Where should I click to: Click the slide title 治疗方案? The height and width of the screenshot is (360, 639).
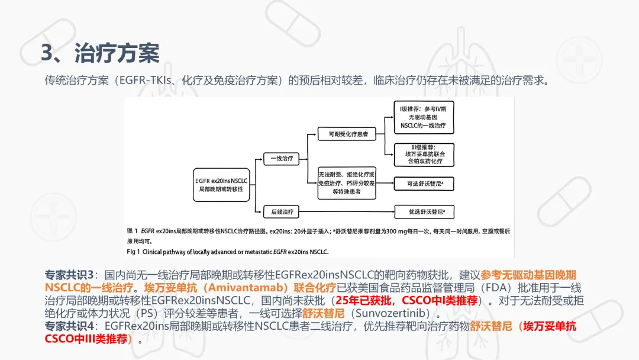[x=117, y=53]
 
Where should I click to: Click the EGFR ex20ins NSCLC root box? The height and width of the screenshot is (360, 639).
[x=221, y=185]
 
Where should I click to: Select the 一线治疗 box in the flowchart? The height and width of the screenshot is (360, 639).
[x=281, y=159]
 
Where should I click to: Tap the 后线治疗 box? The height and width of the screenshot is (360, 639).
[x=281, y=211]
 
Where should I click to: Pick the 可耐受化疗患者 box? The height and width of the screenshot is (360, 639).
[x=347, y=134]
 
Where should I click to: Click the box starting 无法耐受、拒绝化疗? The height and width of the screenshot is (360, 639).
[x=347, y=183]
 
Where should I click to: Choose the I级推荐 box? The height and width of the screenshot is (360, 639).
[x=424, y=117]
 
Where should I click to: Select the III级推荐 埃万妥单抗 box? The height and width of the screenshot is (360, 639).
[x=424, y=155]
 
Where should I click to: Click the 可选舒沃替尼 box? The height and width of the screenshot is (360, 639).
[x=424, y=184]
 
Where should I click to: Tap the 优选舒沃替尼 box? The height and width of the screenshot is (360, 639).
[x=424, y=212]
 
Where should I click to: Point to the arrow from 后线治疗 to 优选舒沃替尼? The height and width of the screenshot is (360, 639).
[x=347, y=212]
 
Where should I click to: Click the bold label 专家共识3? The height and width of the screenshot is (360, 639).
[x=69, y=275]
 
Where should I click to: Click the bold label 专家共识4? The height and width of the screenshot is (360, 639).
[x=69, y=326]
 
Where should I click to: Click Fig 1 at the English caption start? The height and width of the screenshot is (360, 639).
[x=133, y=252]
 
